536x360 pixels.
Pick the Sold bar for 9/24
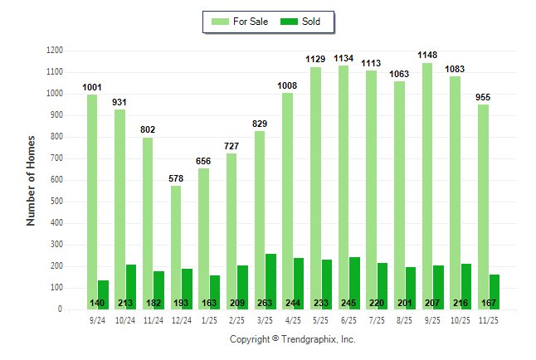point(104,294)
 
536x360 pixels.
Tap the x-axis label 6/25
point(349,319)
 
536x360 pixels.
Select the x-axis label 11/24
point(153,319)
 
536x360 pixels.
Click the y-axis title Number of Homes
point(31,180)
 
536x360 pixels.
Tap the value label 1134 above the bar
point(344,59)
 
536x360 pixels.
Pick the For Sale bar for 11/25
point(483,207)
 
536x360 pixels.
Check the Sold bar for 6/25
point(355,283)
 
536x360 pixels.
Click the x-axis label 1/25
point(209,319)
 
